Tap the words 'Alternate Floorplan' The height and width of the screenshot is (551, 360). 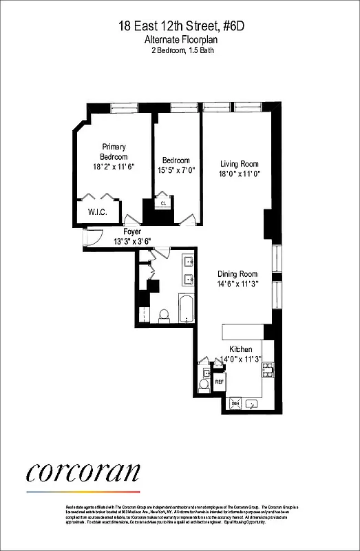pyautogui.click(x=180, y=41)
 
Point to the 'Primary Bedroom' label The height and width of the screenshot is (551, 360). pyautogui.click(x=114, y=152)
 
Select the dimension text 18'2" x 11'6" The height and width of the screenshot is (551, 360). pyautogui.click(x=114, y=167)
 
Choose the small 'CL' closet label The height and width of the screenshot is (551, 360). pyautogui.click(x=164, y=204)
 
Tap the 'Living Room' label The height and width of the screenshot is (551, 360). pyautogui.click(x=239, y=163)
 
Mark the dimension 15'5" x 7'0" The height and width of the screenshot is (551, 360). pyautogui.click(x=176, y=171)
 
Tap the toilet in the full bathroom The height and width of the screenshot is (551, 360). pyautogui.click(x=164, y=315)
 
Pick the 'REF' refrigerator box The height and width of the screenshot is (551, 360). pyautogui.click(x=219, y=381)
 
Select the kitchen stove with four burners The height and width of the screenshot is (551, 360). pyautogui.click(x=268, y=370)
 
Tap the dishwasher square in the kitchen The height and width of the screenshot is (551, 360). pyautogui.click(x=234, y=404)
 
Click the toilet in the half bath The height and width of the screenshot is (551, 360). pyautogui.click(x=204, y=383)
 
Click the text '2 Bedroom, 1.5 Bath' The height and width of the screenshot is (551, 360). pyautogui.click(x=180, y=51)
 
